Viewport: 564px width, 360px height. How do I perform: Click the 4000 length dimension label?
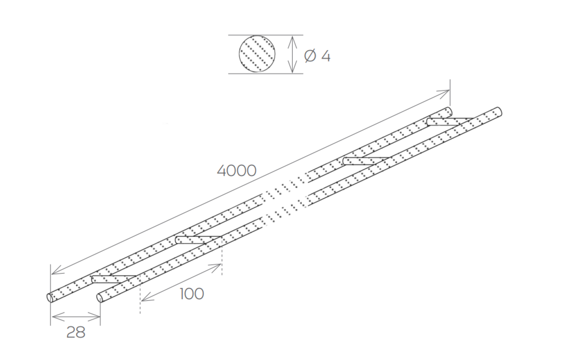pos(237,171)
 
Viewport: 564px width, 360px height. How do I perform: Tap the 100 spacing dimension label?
pos(192,294)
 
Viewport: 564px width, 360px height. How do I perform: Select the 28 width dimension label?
pos(76,332)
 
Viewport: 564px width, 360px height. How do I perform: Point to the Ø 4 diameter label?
pos(317,56)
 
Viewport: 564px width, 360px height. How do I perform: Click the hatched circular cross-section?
pos(257,54)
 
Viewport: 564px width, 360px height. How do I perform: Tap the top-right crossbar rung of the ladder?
pos(449,122)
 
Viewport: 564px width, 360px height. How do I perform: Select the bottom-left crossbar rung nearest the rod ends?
pos(114,279)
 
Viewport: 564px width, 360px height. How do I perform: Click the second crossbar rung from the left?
pos(198,240)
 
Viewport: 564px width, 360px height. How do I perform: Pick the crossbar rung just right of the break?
pos(366,161)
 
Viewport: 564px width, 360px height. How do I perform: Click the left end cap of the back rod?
pos(50,298)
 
